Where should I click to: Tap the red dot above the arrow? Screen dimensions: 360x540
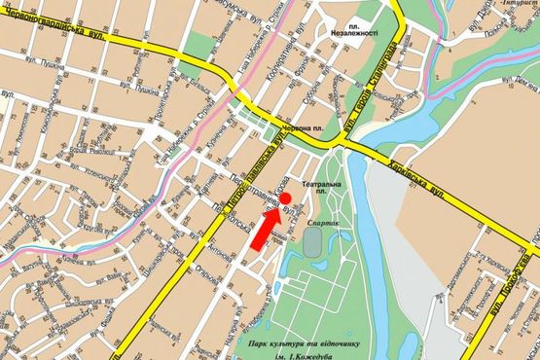(x=286, y=199)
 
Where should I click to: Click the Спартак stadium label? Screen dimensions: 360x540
(x=323, y=223)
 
